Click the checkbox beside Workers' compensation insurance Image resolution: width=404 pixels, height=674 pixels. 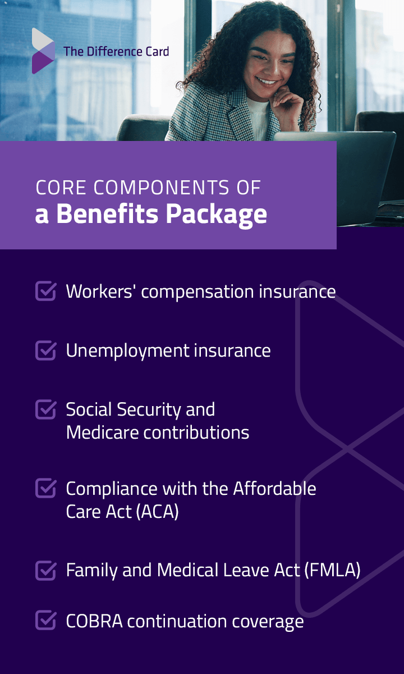tap(45, 291)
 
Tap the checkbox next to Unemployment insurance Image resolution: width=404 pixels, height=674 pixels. tap(45, 350)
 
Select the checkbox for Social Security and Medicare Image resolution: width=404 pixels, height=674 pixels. tap(45, 409)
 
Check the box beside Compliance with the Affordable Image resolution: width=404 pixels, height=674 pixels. tap(45, 488)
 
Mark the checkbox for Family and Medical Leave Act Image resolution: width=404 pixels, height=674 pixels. tap(45, 570)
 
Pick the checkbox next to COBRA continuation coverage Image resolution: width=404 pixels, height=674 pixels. tap(45, 620)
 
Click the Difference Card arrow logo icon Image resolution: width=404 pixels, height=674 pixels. tap(43, 51)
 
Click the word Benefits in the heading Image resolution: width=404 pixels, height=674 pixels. tap(107, 213)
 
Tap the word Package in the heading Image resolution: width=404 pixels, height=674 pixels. tap(217, 215)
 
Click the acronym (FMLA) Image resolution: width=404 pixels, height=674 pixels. tap(332, 570)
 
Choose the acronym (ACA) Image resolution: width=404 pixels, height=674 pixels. tap(157, 511)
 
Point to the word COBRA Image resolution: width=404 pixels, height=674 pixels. tap(94, 621)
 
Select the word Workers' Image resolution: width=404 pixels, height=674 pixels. tap(99, 292)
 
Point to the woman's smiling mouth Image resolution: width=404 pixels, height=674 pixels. tap(267, 81)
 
